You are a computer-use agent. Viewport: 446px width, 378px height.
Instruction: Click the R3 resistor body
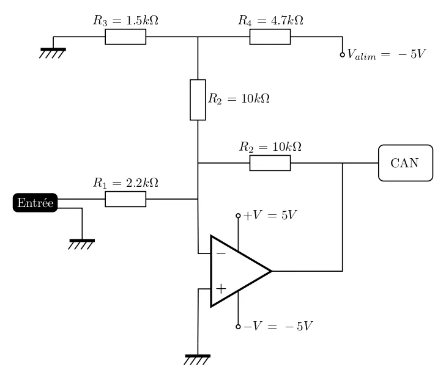[x=125, y=37]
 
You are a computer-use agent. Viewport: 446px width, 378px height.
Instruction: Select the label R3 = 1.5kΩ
[x=125, y=20]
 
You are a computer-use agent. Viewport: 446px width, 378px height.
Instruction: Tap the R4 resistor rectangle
[x=270, y=37]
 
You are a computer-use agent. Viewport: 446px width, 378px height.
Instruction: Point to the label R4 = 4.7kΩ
[x=270, y=20]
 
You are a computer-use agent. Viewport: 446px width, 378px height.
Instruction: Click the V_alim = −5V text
[x=385, y=54]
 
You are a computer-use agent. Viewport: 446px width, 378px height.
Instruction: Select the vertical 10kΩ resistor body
[x=198, y=100]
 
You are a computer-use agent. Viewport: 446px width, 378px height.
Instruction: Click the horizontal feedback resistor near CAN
[x=270, y=163]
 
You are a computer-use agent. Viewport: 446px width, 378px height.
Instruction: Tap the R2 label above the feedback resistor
[x=270, y=147]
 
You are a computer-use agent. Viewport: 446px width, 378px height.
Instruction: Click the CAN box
[x=405, y=163]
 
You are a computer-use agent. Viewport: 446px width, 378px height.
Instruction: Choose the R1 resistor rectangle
[x=125, y=199]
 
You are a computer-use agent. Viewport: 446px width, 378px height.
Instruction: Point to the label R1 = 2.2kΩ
[x=125, y=183]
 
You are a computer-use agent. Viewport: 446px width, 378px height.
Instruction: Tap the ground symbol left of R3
[x=53, y=52]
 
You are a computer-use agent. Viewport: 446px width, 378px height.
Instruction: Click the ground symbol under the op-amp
[x=197, y=359]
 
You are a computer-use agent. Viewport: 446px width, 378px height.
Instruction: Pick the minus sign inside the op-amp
[x=221, y=252]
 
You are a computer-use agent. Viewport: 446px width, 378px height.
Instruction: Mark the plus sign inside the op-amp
[x=221, y=288]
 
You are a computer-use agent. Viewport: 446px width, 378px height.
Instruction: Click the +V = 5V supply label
[x=270, y=216]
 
